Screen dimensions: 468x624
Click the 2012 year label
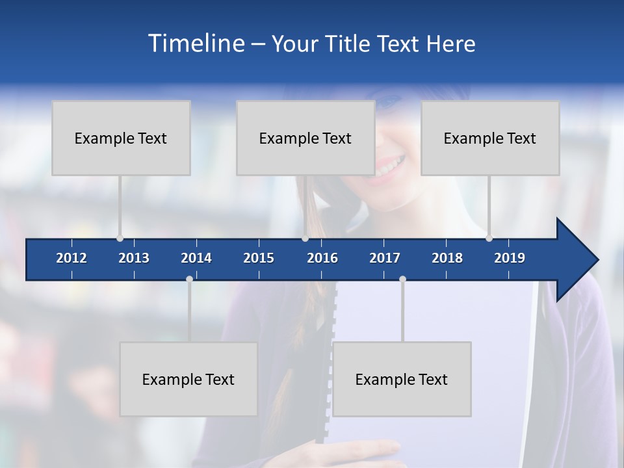click(71, 258)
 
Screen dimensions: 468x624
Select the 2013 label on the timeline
click(134, 258)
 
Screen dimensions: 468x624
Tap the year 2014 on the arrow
click(196, 258)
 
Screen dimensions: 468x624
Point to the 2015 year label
click(259, 258)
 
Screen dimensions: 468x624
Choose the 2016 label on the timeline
click(322, 258)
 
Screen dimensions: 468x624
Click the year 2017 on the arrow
click(385, 258)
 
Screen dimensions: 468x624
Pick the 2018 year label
click(447, 258)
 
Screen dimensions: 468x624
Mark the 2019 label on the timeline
click(510, 258)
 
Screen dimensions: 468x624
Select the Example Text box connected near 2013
click(121, 138)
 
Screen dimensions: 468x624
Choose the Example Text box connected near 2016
click(305, 138)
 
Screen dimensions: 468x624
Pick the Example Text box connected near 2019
click(490, 138)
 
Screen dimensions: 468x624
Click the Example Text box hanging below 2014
click(188, 379)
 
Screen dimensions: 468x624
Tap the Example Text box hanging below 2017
click(402, 379)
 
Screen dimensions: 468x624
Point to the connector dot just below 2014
click(189, 279)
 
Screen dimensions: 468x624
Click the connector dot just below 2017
click(402, 279)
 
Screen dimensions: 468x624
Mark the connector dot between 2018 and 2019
click(489, 238)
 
